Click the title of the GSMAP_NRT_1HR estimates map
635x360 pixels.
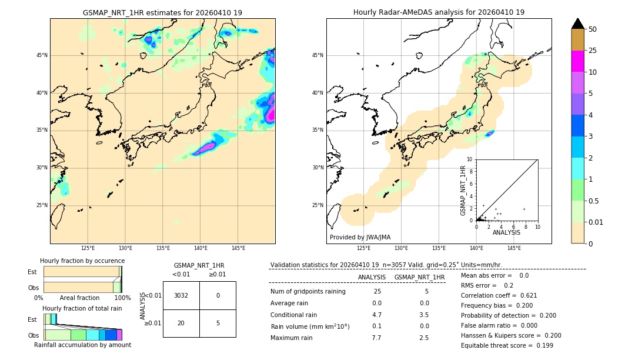pos(162,12)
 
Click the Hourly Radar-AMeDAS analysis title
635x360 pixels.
pos(439,12)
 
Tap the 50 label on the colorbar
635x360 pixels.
pos(593,29)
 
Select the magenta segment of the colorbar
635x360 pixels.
pos(577,61)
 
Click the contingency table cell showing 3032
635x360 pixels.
pos(181,295)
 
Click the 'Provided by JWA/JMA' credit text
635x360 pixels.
pos(360,238)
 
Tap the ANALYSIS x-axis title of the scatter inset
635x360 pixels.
pos(506,233)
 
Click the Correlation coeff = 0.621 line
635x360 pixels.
pos(499,295)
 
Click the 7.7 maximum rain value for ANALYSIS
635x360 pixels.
pos(376,338)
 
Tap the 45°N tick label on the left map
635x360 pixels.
pos(42,55)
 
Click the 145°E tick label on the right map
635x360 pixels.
pos(514,248)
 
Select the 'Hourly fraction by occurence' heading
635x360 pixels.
pos(82,261)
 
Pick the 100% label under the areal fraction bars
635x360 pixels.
pos(122,298)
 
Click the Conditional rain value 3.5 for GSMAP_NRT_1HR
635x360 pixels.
pos(424,315)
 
